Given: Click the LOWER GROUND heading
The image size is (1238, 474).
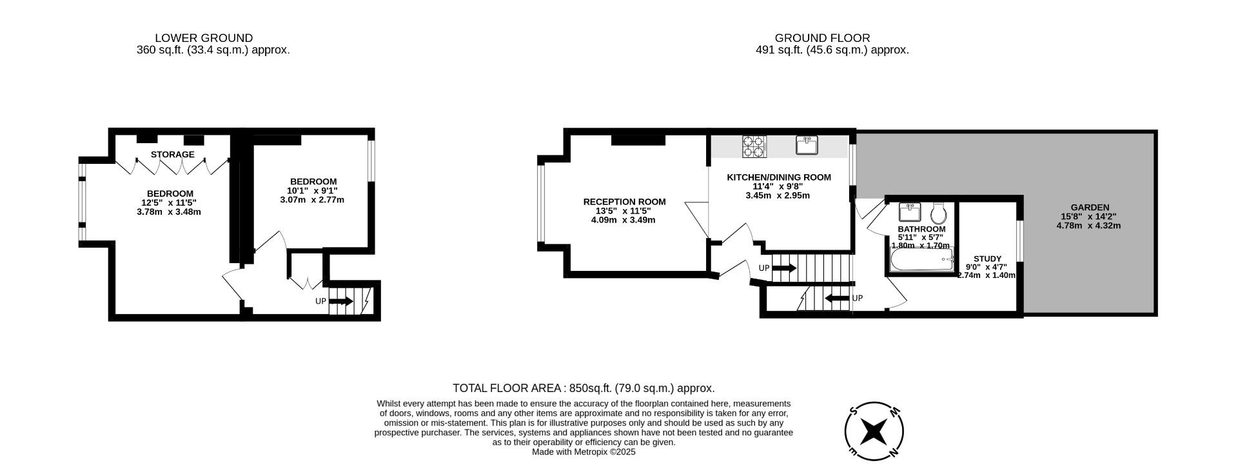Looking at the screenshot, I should [x=204, y=38].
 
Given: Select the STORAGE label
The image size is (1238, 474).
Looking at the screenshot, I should [x=173, y=155].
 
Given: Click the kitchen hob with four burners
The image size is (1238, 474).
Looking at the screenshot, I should [x=754, y=146].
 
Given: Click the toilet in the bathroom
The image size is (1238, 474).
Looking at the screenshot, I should [x=939, y=213].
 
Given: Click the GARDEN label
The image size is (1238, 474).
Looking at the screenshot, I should [x=1088, y=208].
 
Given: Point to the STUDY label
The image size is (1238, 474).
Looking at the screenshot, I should [x=987, y=259].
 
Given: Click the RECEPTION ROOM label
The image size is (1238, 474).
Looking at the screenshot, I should [x=624, y=202].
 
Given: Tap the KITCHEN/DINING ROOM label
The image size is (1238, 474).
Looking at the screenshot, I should [x=778, y=177].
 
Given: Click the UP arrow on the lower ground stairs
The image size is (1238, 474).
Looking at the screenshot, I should [x=341, y=301].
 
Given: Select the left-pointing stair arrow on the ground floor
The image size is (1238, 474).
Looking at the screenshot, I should [x=837, y=298].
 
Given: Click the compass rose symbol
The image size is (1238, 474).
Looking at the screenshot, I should [x=874, y=431].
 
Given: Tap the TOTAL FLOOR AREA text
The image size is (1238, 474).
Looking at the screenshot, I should [x=584, y=388].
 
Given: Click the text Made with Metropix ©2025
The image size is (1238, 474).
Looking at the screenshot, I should [x=584, y=452].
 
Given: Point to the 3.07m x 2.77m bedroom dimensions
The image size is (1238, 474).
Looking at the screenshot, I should [x=312, y=200].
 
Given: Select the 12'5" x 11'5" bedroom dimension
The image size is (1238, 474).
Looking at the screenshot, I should [x=169, y=202].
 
